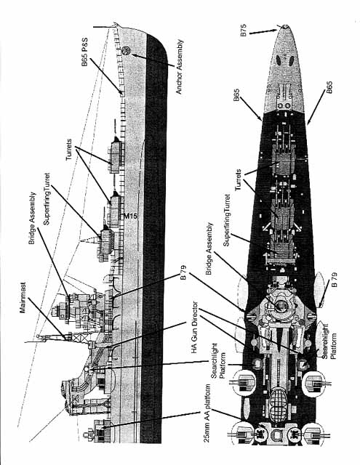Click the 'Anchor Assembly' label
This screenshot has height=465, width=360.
pos(180,67)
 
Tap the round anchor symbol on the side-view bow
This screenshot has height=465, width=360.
pos(126,50)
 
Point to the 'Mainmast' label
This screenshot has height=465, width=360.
pos(23,297)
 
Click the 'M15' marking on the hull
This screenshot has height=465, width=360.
pos(130,217)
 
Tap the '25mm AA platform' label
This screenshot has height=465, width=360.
pos(207,413)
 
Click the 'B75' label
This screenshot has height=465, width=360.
pos(244,30)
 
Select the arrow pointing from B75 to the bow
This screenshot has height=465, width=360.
pos(264,31)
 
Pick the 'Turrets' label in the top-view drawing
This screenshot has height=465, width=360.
pos(238,180)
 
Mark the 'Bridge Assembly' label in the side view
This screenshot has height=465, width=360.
pos(32,218)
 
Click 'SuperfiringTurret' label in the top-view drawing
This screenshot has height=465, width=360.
pos(227,220)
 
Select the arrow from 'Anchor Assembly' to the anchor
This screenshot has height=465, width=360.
pos(153,60)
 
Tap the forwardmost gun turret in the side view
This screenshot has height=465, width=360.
pos(115,155)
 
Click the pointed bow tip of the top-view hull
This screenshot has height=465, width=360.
pos(284,26)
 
